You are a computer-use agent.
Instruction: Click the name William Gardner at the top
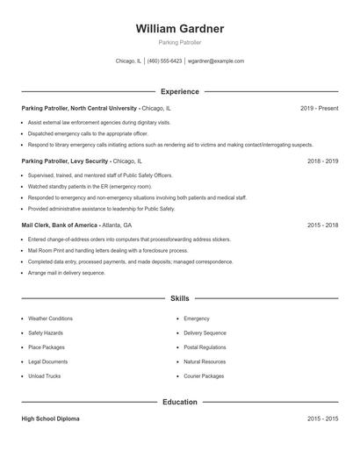pyautogui.click(x=179, y=29)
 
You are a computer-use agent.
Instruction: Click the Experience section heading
pyautogui.click(x=179, y=91)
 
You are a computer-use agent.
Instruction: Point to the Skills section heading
pyautogui.click(x=179, y=298)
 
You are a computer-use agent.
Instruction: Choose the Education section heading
pyautogui.click(x=179, y=402)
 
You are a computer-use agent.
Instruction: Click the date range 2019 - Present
pyautogui.click(x=319, y=108)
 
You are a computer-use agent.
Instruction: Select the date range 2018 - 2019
pyautogui.click(x=322, y=161)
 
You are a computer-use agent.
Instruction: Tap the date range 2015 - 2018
pyautogui.click(x=322, y=225)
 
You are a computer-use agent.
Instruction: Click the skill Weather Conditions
pyautogui.click(x=50, y=318)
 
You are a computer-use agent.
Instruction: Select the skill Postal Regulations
pyautogui.click(x=205, y=347)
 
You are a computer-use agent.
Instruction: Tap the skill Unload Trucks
pyautogui.click(x=44, y=376)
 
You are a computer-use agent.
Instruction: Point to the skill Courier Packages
pyautogui.click(x=204, y=376)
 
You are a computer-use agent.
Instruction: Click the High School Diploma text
pyautogui.click(x=52, y=419)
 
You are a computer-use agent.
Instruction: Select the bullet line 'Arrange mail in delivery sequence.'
pyautogui.click(x=66, y=273)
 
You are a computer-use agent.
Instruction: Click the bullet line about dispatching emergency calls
pyautogui.click(x=76, y=133)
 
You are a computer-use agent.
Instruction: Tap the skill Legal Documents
pyautogui.click(x=47, y=361)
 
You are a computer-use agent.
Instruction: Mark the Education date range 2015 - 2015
pyautogui.click(x=322, y=419)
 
